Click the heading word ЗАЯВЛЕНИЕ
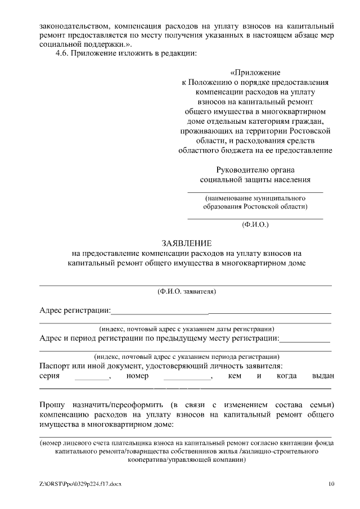pyautogui.click(x=186, y=244)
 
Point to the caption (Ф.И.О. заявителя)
pyautogui.click(x=186, y=291)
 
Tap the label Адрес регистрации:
pyautogui.click(x=75, y=310)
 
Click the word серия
pyautogui.click(x=50, y=376)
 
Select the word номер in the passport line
pyautogui.click(x=137, y=376)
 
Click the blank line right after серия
pyautogui.click(x=92, y=378)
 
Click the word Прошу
pyautogui.click(x=52, y=405)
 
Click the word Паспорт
pyautogui.click(x=55, y=366)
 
